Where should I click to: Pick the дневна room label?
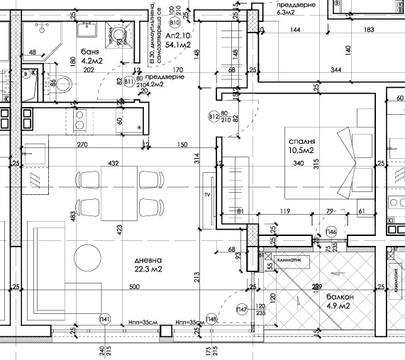pos(148,259)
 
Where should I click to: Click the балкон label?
pos(340,296)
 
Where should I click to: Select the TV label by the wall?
pos(208,193)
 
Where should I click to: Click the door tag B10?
pos(175,23)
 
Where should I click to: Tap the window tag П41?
pos(105,317)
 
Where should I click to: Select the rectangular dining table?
pos(119,193)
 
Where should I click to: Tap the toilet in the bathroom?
pos(62,85)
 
